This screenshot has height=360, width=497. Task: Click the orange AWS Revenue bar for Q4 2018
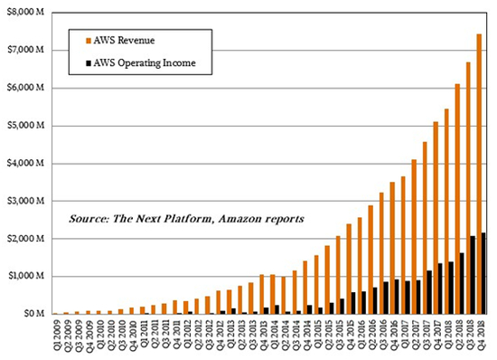click(479, 172)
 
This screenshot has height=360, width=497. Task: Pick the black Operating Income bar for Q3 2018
click(474, 275)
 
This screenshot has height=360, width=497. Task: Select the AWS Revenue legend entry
click(125, 41)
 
